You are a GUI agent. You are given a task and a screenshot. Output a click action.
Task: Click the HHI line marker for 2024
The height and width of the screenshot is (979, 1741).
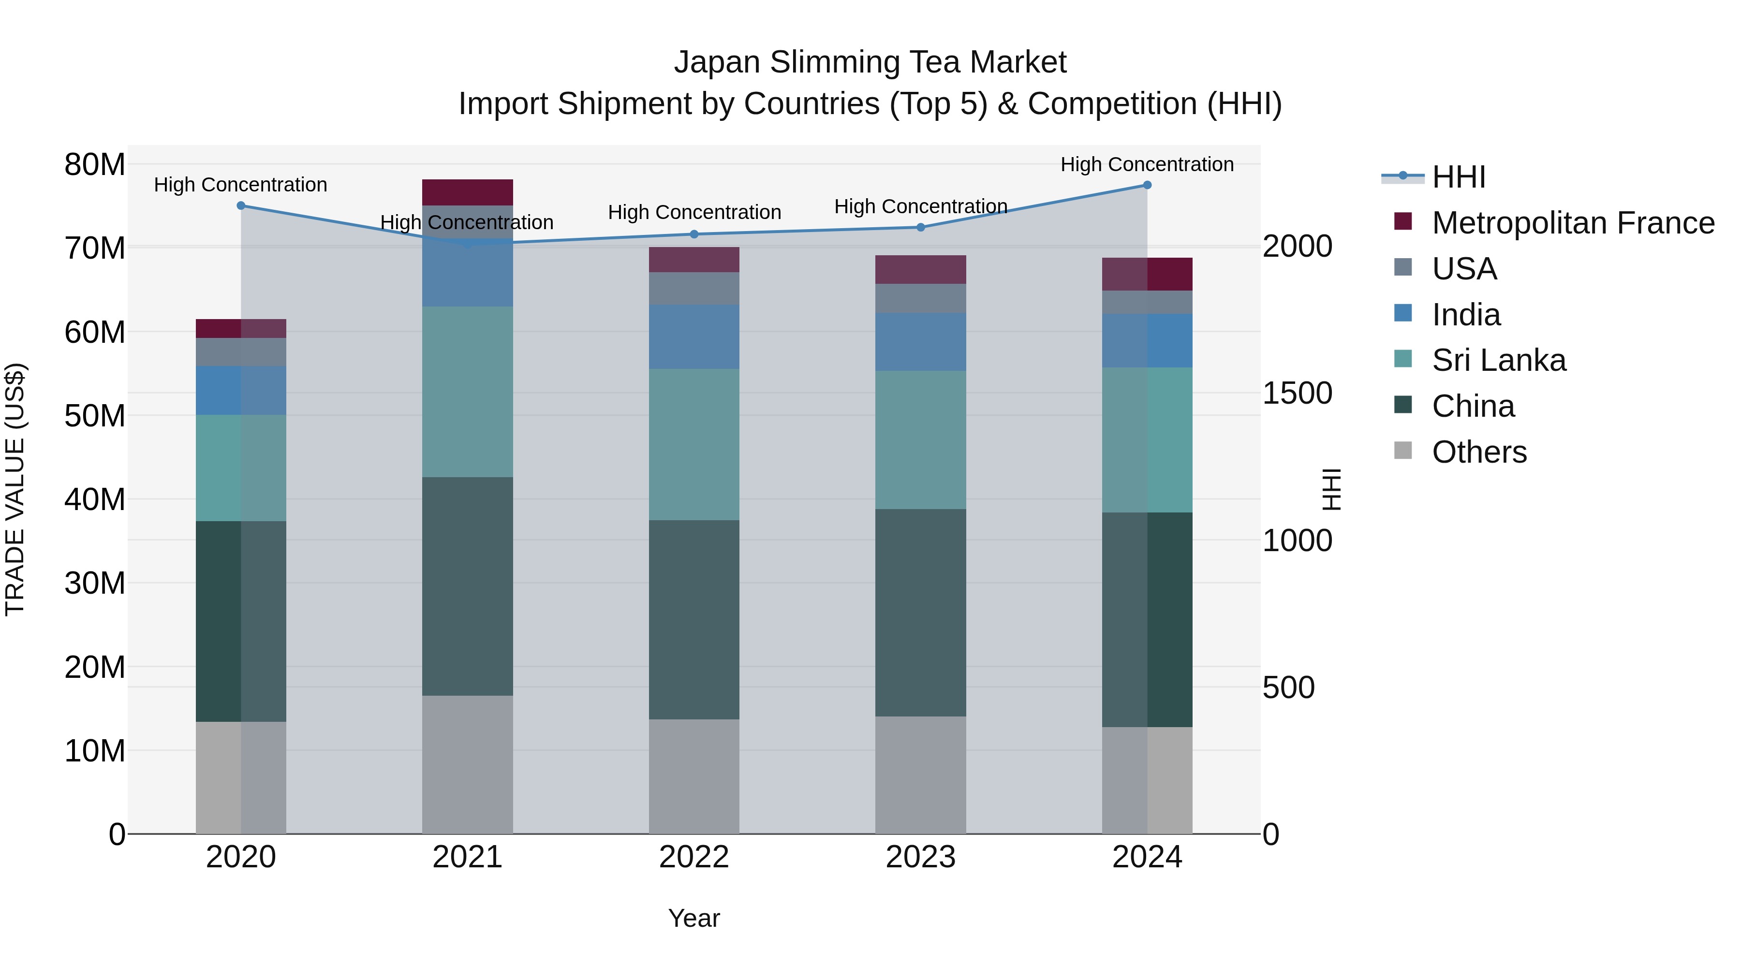click(1147, 185)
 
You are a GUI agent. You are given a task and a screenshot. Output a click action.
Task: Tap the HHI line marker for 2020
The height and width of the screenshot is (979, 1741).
click(241, 205)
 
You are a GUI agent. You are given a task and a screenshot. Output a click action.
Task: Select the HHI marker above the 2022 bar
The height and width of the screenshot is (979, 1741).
click(694, 234)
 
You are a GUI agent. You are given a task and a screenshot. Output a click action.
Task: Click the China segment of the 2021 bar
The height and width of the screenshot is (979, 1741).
click(467, 586)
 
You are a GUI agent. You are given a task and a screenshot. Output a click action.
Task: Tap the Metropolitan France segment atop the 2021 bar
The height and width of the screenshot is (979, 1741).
click(467, 192)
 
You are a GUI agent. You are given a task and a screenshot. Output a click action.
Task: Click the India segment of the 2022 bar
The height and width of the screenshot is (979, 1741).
click(694, 336)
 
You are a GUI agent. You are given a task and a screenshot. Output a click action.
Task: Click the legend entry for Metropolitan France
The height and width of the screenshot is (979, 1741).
click(1572, 223)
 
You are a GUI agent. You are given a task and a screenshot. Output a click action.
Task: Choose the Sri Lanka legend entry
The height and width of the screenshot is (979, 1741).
click(1498, 360)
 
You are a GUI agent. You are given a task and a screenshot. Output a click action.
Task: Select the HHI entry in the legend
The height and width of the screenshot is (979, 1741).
click(1459, 177)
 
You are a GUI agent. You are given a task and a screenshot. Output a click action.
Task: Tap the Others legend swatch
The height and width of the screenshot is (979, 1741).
click(1403, 451)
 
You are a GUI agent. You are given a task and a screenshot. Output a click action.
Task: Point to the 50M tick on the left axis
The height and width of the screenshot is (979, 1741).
click(95, 415)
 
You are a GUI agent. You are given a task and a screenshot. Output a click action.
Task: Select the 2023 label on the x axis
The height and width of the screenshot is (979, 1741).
click(920, 857)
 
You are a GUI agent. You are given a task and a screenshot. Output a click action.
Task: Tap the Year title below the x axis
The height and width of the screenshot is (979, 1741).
click(694, 918)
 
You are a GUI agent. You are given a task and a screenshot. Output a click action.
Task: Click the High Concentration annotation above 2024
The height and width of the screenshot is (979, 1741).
click(1147, 164)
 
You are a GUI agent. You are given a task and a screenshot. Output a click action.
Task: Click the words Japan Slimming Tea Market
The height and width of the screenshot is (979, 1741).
click(870, 62)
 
